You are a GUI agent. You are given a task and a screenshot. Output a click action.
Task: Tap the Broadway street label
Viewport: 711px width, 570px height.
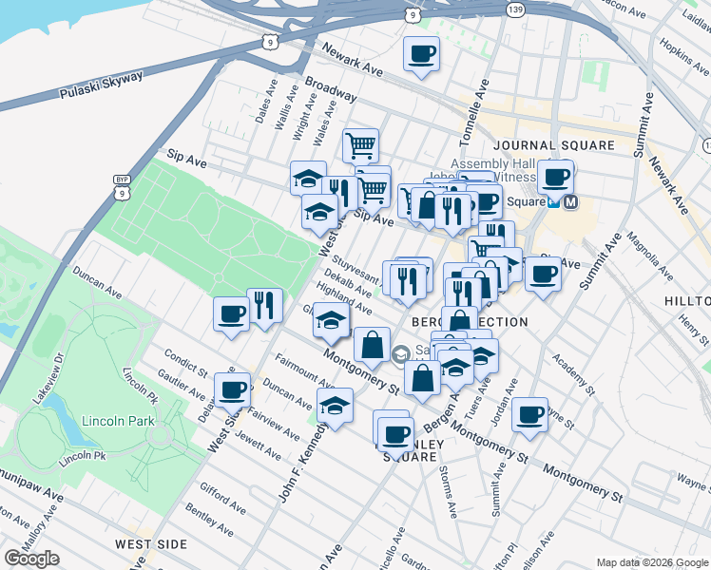pos(331,91)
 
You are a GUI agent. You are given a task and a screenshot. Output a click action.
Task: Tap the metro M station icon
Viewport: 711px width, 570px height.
pos(571,201)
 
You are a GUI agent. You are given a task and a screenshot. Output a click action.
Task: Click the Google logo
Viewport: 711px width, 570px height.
pos(31,559)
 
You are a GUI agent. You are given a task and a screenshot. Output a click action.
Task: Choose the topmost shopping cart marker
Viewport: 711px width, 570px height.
pos(360,146)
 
